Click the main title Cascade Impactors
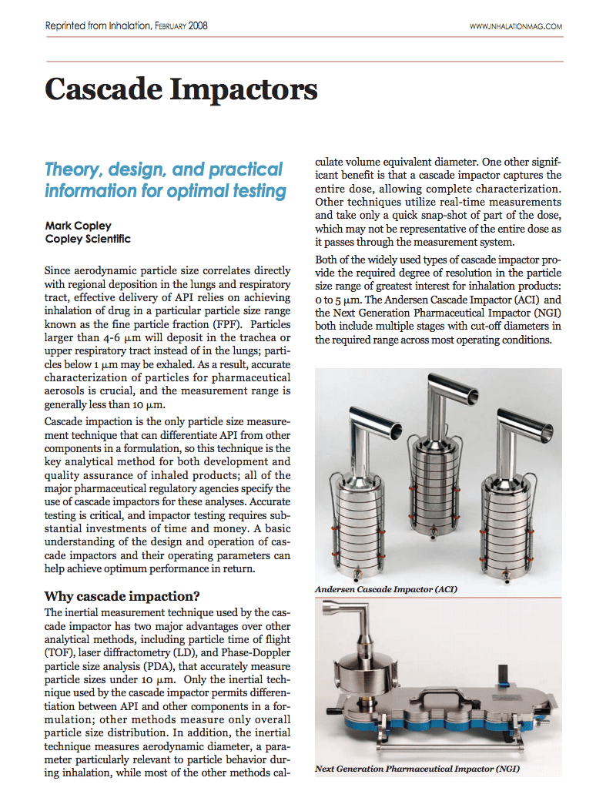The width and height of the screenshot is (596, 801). [181, 89]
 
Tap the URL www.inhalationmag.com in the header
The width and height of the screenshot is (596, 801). [515, 26]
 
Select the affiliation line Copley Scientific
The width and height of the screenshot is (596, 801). [88, 239]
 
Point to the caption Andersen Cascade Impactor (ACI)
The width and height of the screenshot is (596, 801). [386, 589]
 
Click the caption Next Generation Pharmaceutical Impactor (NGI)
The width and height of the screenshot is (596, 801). [417, 769]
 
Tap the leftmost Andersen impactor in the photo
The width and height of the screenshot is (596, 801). [358, 501]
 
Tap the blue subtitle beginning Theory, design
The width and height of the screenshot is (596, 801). [164, 179]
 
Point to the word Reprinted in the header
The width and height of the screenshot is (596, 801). [65, 26]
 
